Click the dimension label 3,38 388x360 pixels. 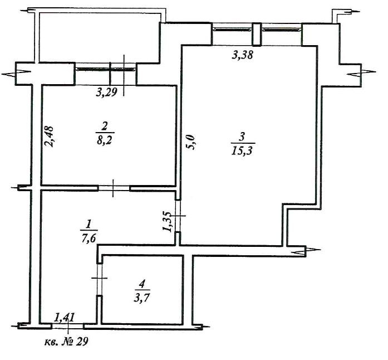click(x=243, y=55)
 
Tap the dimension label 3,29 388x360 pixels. click(x=106, y=93)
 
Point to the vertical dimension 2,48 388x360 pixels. click(x=49, y=137)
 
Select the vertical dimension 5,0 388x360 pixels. click(x=191, y=142)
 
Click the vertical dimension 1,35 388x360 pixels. click(x=168, y=221)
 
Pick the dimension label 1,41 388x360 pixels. click(x=65, y=317)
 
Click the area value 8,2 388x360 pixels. click(x=104, y=141)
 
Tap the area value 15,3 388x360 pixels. click(x=242, y=151)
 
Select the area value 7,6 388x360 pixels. click(x=89, y=239)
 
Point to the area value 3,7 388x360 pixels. click(x=142, y=298)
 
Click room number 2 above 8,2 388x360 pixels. click(x=105, y=127)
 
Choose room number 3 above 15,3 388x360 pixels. click(x=242, y=137)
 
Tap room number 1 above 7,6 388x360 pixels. click(x=88, y=225)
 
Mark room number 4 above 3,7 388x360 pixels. click(x=142, y=284)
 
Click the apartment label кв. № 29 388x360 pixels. click(x=66, y=342)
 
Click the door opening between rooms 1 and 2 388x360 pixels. click(x=114, y=188)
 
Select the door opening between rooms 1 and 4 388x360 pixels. click(x=99, y=279)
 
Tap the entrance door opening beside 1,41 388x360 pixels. click(x=68, y=327)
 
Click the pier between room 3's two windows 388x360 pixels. click(x=257, y=34)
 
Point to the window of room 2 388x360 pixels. click(x=106, y=70)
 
